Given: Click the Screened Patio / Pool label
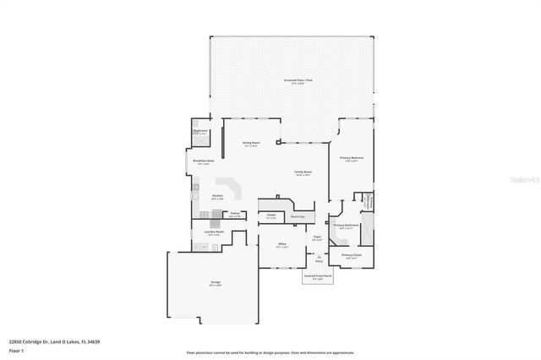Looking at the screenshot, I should point(298,80).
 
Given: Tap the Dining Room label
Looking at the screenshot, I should point(250,144).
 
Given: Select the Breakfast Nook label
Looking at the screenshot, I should point(203,160).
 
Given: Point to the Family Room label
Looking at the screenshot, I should point(303,172).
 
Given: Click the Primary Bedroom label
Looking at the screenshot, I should point(352,158).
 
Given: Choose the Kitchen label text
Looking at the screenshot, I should point(217,197).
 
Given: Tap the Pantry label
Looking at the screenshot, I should point(235,215).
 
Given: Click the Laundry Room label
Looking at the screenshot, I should point(213,232).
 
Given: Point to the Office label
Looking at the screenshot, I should point(283,244).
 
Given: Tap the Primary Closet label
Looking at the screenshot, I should point(352,254).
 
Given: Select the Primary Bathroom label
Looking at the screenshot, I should point(347,226).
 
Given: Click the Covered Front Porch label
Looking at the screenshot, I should point(318,275).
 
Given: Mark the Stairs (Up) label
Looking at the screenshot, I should point(297,216).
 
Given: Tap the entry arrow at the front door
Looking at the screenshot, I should point(319,257).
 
